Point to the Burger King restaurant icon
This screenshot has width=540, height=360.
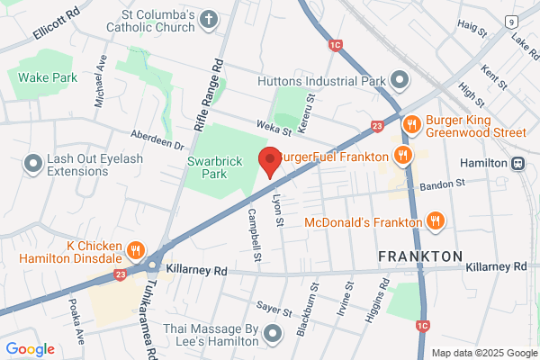tap(411, 124)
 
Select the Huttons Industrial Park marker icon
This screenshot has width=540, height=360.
tap(400, 82)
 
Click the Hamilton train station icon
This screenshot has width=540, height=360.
tap(519, 163)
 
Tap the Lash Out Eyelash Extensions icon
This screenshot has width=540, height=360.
tap(33, 163)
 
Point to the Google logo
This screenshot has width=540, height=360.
tap(30, 349)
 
